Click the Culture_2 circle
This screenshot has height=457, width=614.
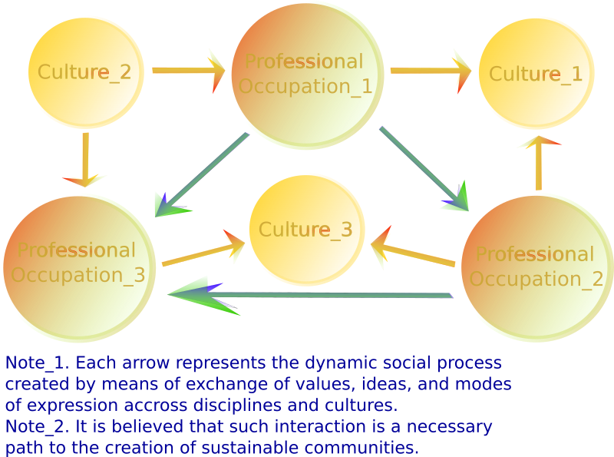pos(86,73)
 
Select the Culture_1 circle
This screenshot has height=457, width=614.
pos(536,74)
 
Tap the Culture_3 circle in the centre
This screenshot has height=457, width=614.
pos(306,229)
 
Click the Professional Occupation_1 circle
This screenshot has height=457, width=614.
pos(307,74)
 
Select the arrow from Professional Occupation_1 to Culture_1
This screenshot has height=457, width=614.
pos(430,71)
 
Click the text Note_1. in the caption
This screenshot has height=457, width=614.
pos(38,363)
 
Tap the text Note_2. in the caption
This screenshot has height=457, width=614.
pos(38,426)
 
